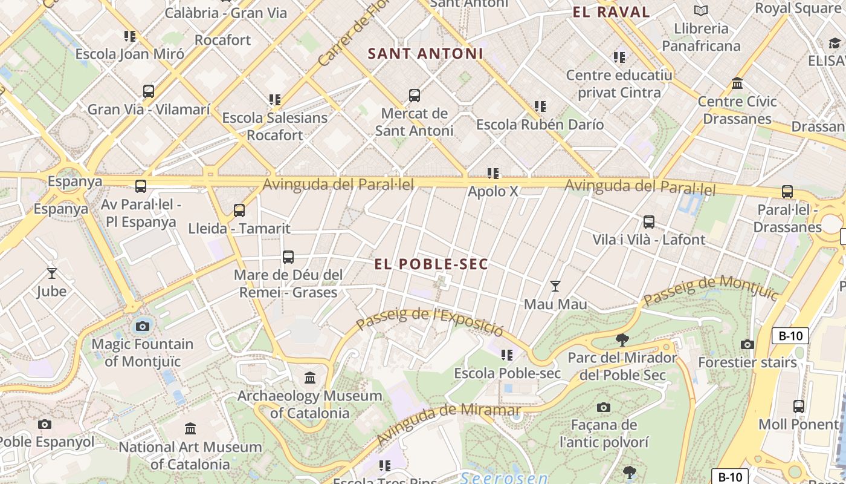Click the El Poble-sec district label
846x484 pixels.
431,264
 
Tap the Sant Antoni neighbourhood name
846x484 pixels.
425,53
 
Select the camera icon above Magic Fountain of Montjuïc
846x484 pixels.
143,327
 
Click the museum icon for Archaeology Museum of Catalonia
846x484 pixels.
310,378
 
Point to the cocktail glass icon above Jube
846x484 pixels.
52,273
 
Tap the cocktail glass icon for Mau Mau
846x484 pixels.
555,286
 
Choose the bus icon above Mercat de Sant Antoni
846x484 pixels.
414,96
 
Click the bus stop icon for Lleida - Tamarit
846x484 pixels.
239,211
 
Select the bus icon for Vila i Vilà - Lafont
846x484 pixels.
648,222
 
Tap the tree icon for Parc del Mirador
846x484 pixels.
622,340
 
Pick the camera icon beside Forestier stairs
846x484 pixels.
748,345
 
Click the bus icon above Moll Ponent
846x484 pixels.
798,407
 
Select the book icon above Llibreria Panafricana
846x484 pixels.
701,10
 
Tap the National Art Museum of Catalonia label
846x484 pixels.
190,456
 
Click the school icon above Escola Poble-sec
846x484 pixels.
507,355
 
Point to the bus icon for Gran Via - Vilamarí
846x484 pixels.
149,92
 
